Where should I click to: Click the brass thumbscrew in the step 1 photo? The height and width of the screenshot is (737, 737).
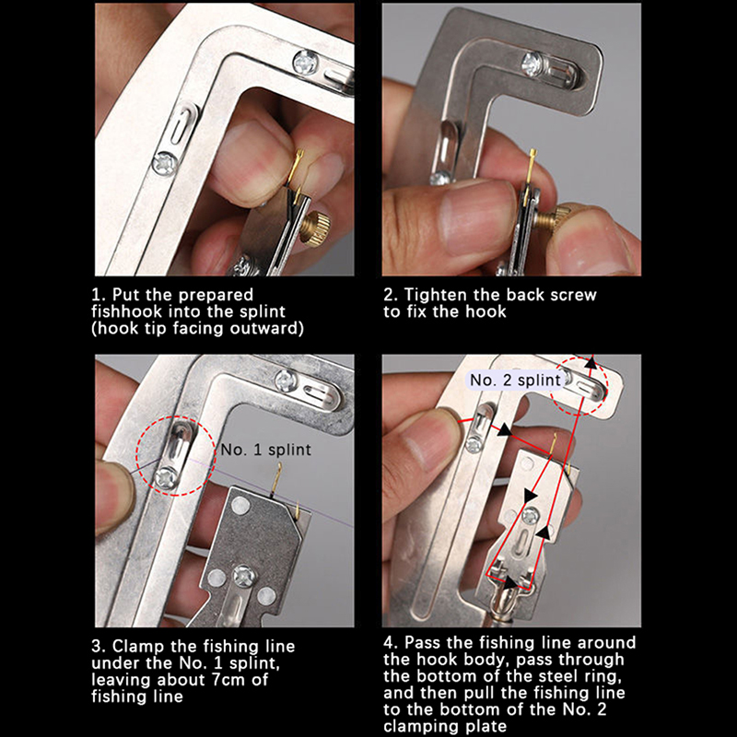[x=314, y=228]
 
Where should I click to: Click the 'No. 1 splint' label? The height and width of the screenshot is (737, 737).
[x=265, y=450]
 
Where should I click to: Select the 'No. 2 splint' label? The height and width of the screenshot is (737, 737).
[x=515, y=380]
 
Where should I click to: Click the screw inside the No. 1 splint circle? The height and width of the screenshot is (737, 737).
[x=167, y=478]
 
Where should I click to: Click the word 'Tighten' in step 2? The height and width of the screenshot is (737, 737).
[x=436, y=295]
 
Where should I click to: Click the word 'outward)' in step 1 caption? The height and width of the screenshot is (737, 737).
[x=266, y=328]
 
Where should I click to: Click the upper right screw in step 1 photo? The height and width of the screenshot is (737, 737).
[x=306, y=63]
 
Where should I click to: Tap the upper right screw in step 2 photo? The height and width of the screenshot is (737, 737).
[x=533, y=64]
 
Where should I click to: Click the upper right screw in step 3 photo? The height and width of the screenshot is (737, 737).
[x=286, y=380]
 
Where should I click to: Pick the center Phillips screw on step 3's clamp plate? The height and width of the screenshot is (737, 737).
[x=244, y=577]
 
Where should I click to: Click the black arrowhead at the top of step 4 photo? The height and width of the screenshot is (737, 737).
[x=591, y=362]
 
